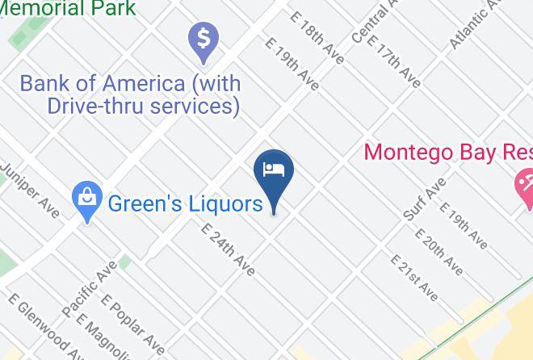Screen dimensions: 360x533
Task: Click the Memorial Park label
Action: (68, 8)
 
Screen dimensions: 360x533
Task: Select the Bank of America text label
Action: (130, 94)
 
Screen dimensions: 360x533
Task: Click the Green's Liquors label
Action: (185, 203)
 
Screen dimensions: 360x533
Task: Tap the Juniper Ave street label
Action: (29, 190)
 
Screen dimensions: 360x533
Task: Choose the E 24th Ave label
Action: (228, 248)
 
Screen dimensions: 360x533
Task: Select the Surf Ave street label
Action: (425, 200)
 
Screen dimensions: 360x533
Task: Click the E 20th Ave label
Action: (439, 250)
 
